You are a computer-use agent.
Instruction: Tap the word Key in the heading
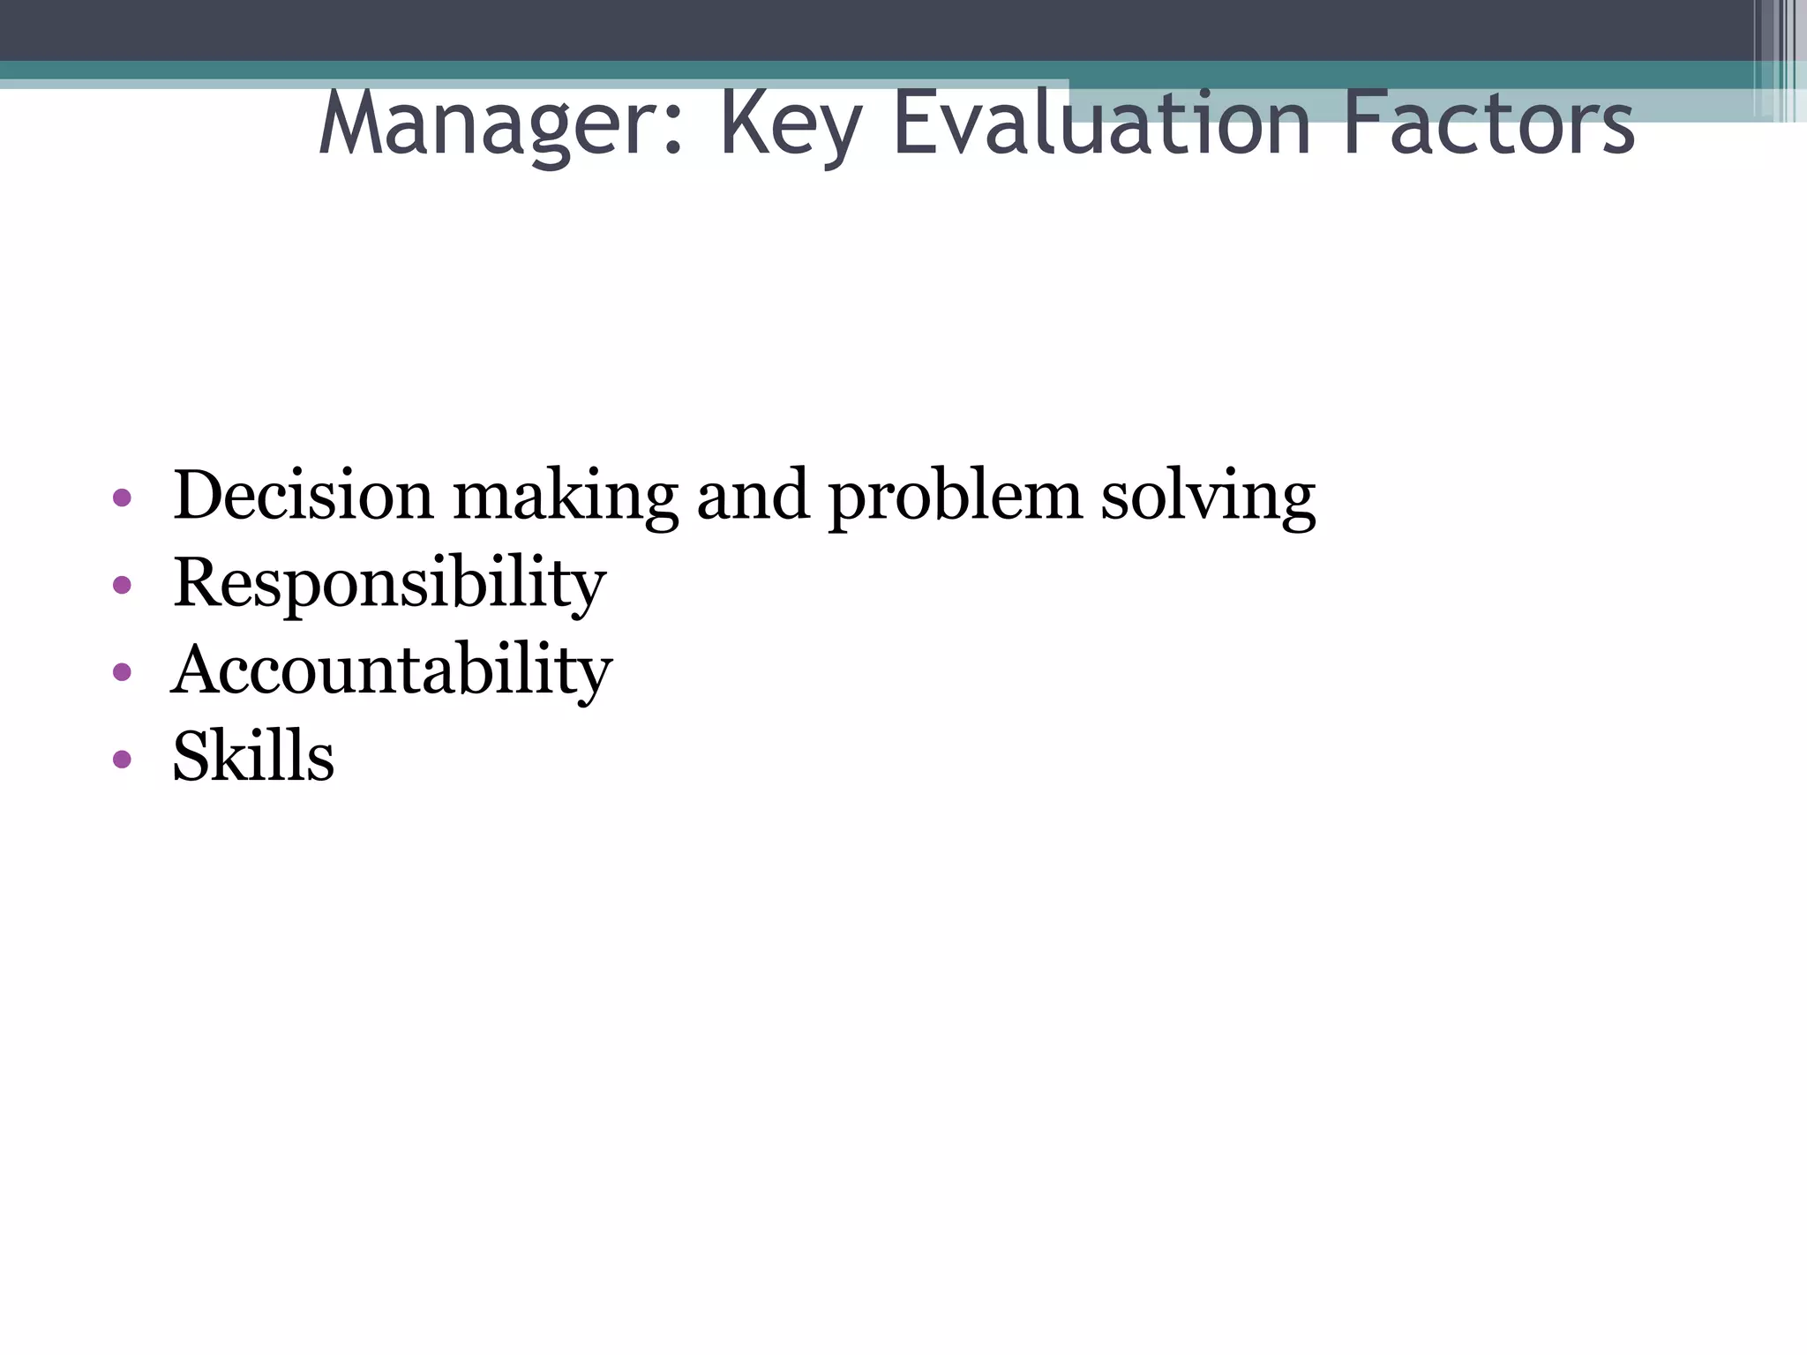(790, 126)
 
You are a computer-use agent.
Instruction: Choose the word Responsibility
(389, 585)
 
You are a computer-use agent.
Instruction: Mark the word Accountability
(391, 670)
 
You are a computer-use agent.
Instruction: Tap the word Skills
(253, 757)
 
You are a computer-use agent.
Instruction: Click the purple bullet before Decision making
(123, 498)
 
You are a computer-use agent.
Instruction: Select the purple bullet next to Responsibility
(123, 585)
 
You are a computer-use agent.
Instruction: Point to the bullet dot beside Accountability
(123, 672)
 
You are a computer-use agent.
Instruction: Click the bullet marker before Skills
(123, 759)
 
